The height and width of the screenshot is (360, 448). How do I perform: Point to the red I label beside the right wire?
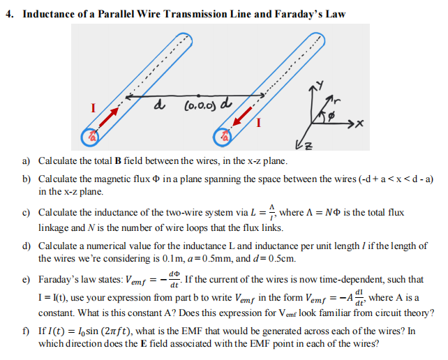click(x=259, y=125)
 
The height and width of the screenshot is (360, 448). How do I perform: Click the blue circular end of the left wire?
click(x=89, y=139)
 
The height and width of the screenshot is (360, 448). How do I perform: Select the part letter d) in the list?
click(x=27, y=247)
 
